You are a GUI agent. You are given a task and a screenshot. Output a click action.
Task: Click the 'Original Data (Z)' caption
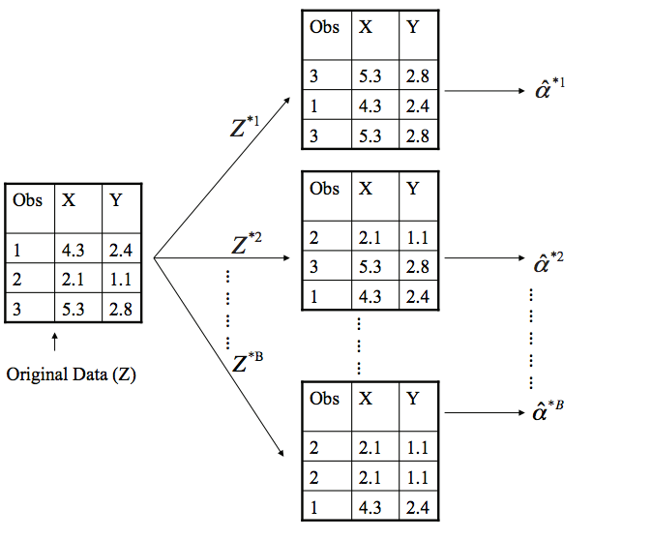click(72, 374)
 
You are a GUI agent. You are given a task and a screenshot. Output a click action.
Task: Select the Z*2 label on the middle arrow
click(247, 241)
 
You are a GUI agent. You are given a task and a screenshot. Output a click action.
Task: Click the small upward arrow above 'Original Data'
click(55, 341)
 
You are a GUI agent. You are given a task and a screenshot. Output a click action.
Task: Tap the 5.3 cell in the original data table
click(74, 311)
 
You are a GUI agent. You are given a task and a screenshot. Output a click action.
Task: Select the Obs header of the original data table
click(28, 200)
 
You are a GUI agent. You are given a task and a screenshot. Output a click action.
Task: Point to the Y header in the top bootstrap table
click(413, 27)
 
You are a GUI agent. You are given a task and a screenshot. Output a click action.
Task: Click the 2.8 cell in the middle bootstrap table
click(418, 266)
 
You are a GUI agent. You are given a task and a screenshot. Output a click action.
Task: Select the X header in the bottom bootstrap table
click(365, 399)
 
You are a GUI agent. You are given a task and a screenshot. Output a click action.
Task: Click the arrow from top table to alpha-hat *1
click(481, 92)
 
